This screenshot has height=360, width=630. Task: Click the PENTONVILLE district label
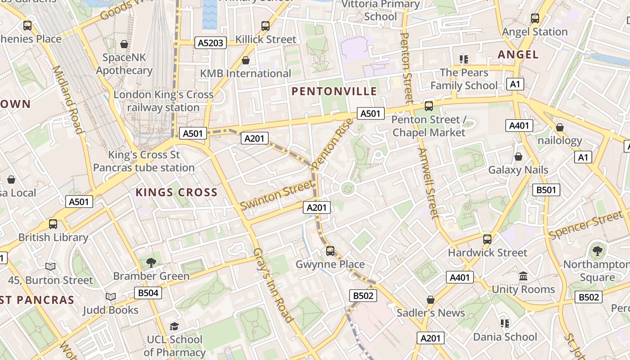[x=334, y=91]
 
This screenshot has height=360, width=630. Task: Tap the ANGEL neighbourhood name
[x=518, y=54]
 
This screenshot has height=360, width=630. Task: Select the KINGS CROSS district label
[x=176, y=193]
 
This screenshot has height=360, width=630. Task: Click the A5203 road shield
[x=210, y=43]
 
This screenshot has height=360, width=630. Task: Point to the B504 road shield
[x=148, y=293]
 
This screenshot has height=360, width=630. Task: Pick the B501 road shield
[x=546, y=190]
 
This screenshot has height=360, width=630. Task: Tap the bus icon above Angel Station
[x=535, y=18]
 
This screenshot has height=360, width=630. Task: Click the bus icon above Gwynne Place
[x=330, y=251]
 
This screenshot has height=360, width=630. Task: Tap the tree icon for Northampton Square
[x=597, y=251]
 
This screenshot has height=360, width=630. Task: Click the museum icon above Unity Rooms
[x=523, y=276]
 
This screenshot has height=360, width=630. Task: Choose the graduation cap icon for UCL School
[x=174, y=326]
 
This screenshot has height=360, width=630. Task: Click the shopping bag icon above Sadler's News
[x=431, y=299]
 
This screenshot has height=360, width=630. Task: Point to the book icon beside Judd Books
[x=111, y=297]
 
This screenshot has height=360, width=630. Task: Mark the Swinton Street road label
[x=276, y=195]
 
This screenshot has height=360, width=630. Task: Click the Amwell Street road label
[x=428, y=183]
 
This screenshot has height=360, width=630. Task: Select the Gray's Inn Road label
[x=273, y=285]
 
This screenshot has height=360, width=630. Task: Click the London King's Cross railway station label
[x=163, y=101]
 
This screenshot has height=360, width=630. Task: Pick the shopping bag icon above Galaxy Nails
[x=518, y=157]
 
